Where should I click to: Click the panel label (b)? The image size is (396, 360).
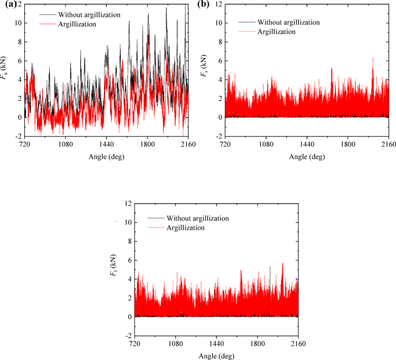(x=204, y=5)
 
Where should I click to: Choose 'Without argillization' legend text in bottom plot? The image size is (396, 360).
(x=198, y=218)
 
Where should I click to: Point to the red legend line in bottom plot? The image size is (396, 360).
(x=154, y=228)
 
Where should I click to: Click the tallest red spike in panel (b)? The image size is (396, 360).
(x=373, y=58)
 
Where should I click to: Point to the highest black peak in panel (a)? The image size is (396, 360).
(x=166, y=8)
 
